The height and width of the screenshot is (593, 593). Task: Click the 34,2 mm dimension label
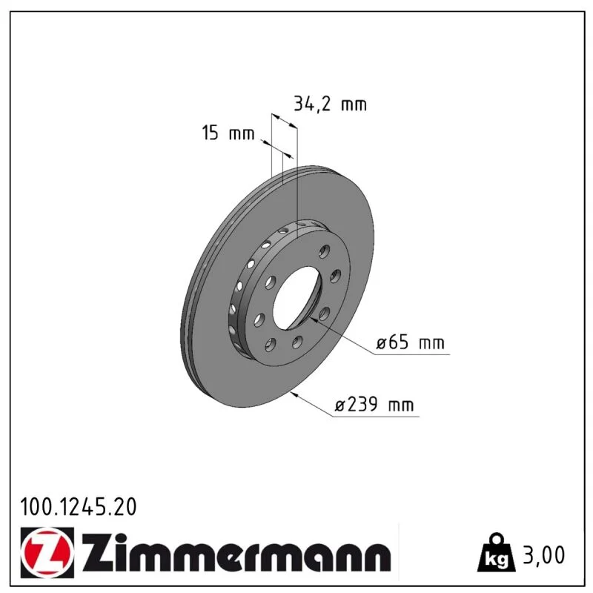pyautogui.click(x=330, y=104)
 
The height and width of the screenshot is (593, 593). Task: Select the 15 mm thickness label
pyautogui.click(x=228, y=133)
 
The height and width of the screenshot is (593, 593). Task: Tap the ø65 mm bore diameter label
pyautogui.click(x=410, y=342)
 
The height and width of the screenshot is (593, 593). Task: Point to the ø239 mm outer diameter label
pyautogui.click(x=374, y=405)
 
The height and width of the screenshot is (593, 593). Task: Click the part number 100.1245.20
pyautogui.click(x=79, y=507)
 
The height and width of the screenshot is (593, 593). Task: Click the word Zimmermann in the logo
pyautogui.click(x=236, y=552)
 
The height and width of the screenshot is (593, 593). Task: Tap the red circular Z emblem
pyautogui.click(x=47, y=552)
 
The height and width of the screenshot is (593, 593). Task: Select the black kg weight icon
pyautogui.click(x=496, y=553)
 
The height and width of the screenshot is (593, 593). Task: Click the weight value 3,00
pyautogui.click(x=543, y=554)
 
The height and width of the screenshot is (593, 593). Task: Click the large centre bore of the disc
pyautogui.click(x=298, y=298)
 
